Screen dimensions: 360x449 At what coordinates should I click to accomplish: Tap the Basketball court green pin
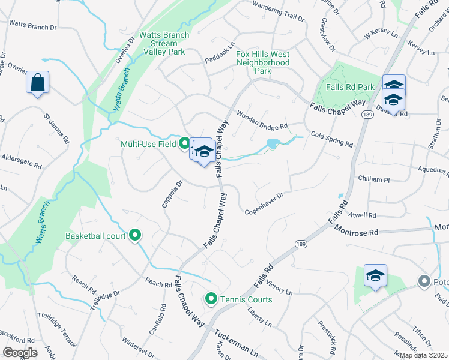[x=135, y=236]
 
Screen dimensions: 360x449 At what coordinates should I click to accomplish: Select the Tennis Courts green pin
[x=211, y=298]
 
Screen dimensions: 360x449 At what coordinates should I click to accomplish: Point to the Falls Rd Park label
[x=351, y=87]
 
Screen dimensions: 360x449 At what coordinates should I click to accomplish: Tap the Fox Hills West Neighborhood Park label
[x=263, y=62]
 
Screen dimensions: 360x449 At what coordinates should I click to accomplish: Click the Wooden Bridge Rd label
[x=262, y=120]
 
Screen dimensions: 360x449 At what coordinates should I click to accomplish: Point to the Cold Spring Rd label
[x=331, y=139]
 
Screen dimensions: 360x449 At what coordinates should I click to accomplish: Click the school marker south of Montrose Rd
[x=375, y=276]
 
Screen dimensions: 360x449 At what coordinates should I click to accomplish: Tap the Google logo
[x=20, y=353]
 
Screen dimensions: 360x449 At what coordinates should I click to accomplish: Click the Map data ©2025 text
[x=423, y=355]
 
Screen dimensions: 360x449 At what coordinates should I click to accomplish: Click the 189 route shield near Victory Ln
[x=301, y=244]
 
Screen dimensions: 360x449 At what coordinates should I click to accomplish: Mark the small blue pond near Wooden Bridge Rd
[x=273, y=144]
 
